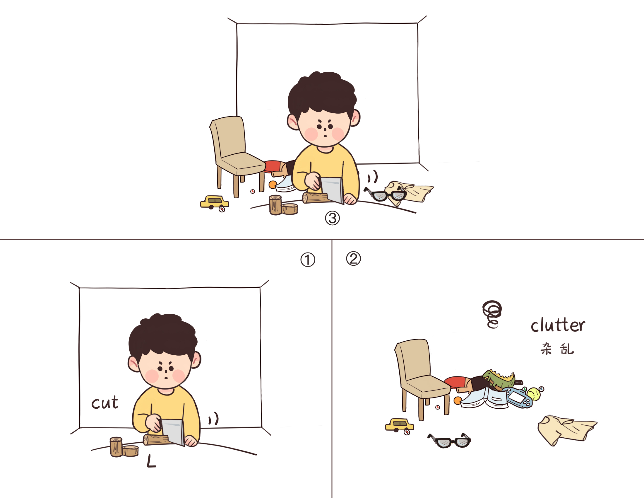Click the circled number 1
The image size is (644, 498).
(x=308, y=260)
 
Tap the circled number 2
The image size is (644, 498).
(x=353, y=259)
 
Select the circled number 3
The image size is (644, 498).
(x=332, y=218)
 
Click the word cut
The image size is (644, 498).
(x=105, y=403)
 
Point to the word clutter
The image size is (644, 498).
(x=558, y=325)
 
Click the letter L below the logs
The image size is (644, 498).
(x=151, y=461)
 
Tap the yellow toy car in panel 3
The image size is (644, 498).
(x=214, y=203)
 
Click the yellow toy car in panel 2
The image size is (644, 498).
(x=399, y=426)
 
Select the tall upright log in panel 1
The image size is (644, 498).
(x=116, y=447)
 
